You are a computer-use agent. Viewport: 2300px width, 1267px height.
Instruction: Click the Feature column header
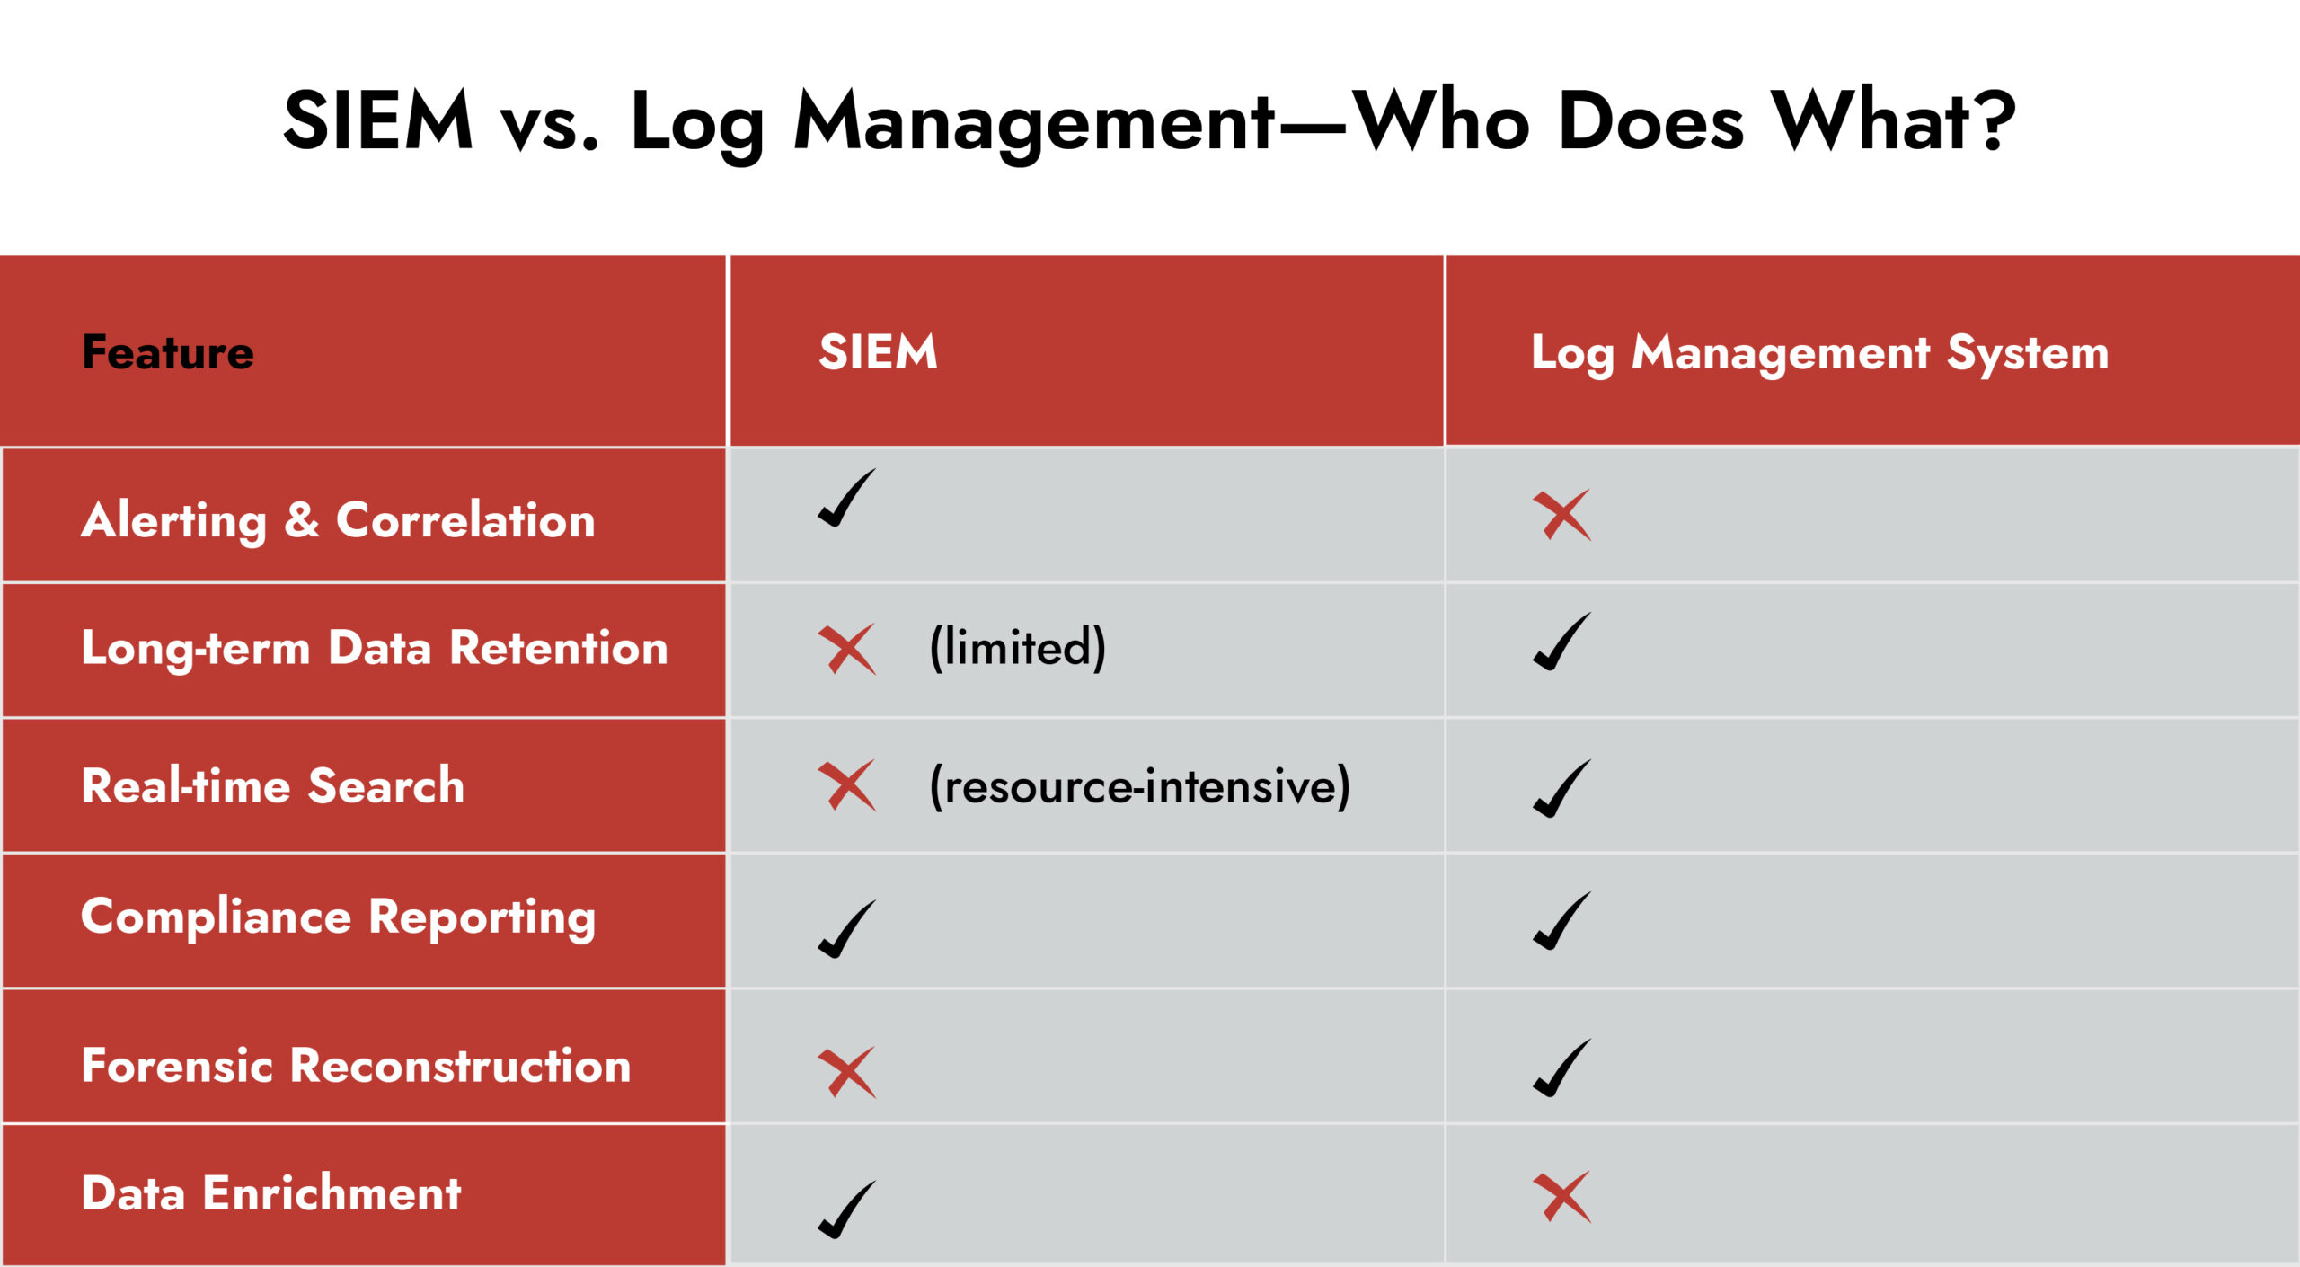[x=168, y=351]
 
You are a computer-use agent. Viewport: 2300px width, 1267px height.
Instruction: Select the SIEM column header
[x=878, y=351]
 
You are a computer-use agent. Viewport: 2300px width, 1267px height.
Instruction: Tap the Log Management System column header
[x=1820, y=353]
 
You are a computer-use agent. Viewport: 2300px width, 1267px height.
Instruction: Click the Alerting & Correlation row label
[x=338, y=521]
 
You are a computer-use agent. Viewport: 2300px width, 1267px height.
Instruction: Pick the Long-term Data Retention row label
[x=375, y=649]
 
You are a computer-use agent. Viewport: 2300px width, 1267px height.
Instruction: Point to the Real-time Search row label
[x=273, y=785]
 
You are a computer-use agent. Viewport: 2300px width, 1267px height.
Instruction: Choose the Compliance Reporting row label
[x=338, y=918]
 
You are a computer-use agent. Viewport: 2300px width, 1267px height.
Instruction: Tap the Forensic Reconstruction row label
[x=356, y=1066]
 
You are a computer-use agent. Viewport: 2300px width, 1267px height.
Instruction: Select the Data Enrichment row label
[x=271, y=1193]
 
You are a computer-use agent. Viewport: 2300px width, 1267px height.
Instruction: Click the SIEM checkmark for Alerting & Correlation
[x=846, y=498]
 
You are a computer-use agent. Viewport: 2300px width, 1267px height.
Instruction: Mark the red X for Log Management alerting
[x=1562, y=515]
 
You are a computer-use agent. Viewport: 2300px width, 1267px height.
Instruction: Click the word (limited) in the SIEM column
[x=1017, y=648]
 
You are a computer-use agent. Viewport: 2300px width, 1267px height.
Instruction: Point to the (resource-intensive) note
[x=1139, y=786]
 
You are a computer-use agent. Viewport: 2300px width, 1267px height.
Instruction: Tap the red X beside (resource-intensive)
[x=846, y=785]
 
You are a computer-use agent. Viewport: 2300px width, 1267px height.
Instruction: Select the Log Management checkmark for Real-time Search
[x=1562, y=788]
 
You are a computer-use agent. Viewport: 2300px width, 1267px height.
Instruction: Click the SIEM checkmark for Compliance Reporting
[x=846, y=929]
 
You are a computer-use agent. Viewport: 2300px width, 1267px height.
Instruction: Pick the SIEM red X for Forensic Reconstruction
[x=846, y=1072]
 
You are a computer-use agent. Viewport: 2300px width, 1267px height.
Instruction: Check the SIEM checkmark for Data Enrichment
[x=846, y=1209]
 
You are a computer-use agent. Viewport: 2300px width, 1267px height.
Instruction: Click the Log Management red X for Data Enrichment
[x=1562, y=1197]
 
